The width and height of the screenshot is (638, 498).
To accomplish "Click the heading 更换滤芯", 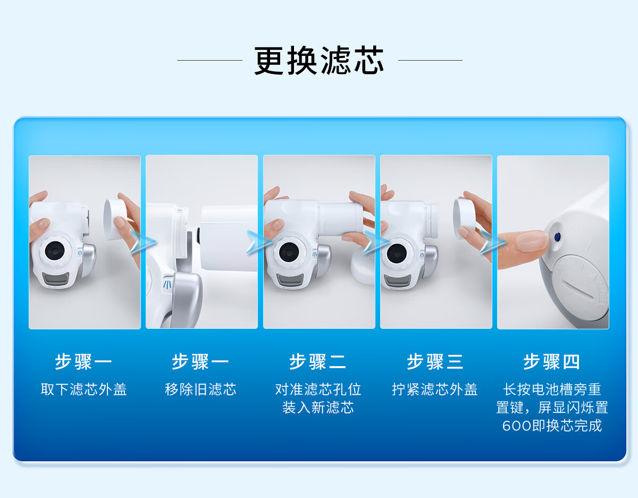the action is point(319,61).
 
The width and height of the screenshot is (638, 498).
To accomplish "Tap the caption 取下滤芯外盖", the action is point(83,389).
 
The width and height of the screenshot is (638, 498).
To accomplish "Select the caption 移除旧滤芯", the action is point(200,389).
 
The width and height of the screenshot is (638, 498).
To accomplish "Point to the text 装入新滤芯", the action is point(318,408).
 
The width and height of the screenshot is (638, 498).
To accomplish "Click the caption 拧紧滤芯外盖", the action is point(435,389).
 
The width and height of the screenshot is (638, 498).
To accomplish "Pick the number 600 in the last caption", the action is point(517,426).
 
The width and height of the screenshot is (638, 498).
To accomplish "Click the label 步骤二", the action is point(318,362).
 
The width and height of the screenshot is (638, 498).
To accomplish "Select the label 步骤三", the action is point(435,362).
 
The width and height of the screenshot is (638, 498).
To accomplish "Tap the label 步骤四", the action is point(552,362).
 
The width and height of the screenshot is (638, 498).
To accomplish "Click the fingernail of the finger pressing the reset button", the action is point(532,240).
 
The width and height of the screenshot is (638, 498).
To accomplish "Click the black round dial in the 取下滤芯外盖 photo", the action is point(55,250).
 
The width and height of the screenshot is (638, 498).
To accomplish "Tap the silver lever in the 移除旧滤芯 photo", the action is point(187,300).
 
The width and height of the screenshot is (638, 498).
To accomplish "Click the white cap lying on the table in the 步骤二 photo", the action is point(363,265).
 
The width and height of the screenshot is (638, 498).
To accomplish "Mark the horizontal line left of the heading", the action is point(209,60).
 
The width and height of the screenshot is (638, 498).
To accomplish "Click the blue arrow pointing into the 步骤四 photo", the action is point(493,242).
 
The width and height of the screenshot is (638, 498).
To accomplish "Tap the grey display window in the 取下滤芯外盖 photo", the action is point(56,278).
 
